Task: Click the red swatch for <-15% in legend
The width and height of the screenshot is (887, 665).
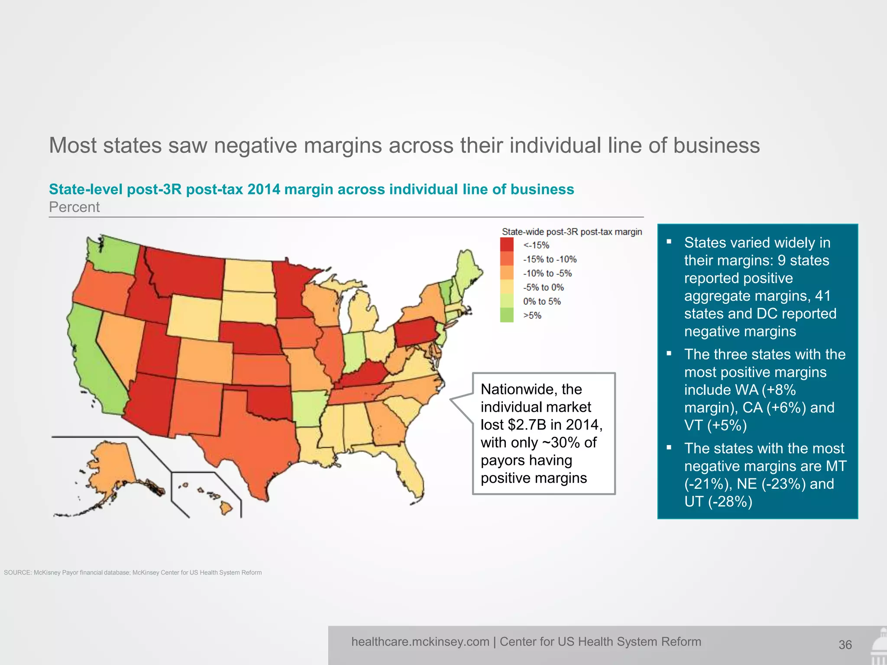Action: click(x=507, y=245)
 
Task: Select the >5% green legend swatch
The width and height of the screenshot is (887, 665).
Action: click(x=507, y=315)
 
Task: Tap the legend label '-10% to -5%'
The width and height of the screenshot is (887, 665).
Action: click(x=547, y=273)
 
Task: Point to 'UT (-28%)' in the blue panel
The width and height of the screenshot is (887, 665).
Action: click(x=718, y=501)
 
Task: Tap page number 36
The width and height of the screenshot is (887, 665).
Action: click(x=845, y=645)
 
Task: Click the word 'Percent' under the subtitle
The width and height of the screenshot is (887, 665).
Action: click(x=74, y=207)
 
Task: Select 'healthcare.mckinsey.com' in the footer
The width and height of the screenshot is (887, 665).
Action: click(x=420, y=642)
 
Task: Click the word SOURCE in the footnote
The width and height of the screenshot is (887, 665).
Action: click(x=17, y=572)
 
